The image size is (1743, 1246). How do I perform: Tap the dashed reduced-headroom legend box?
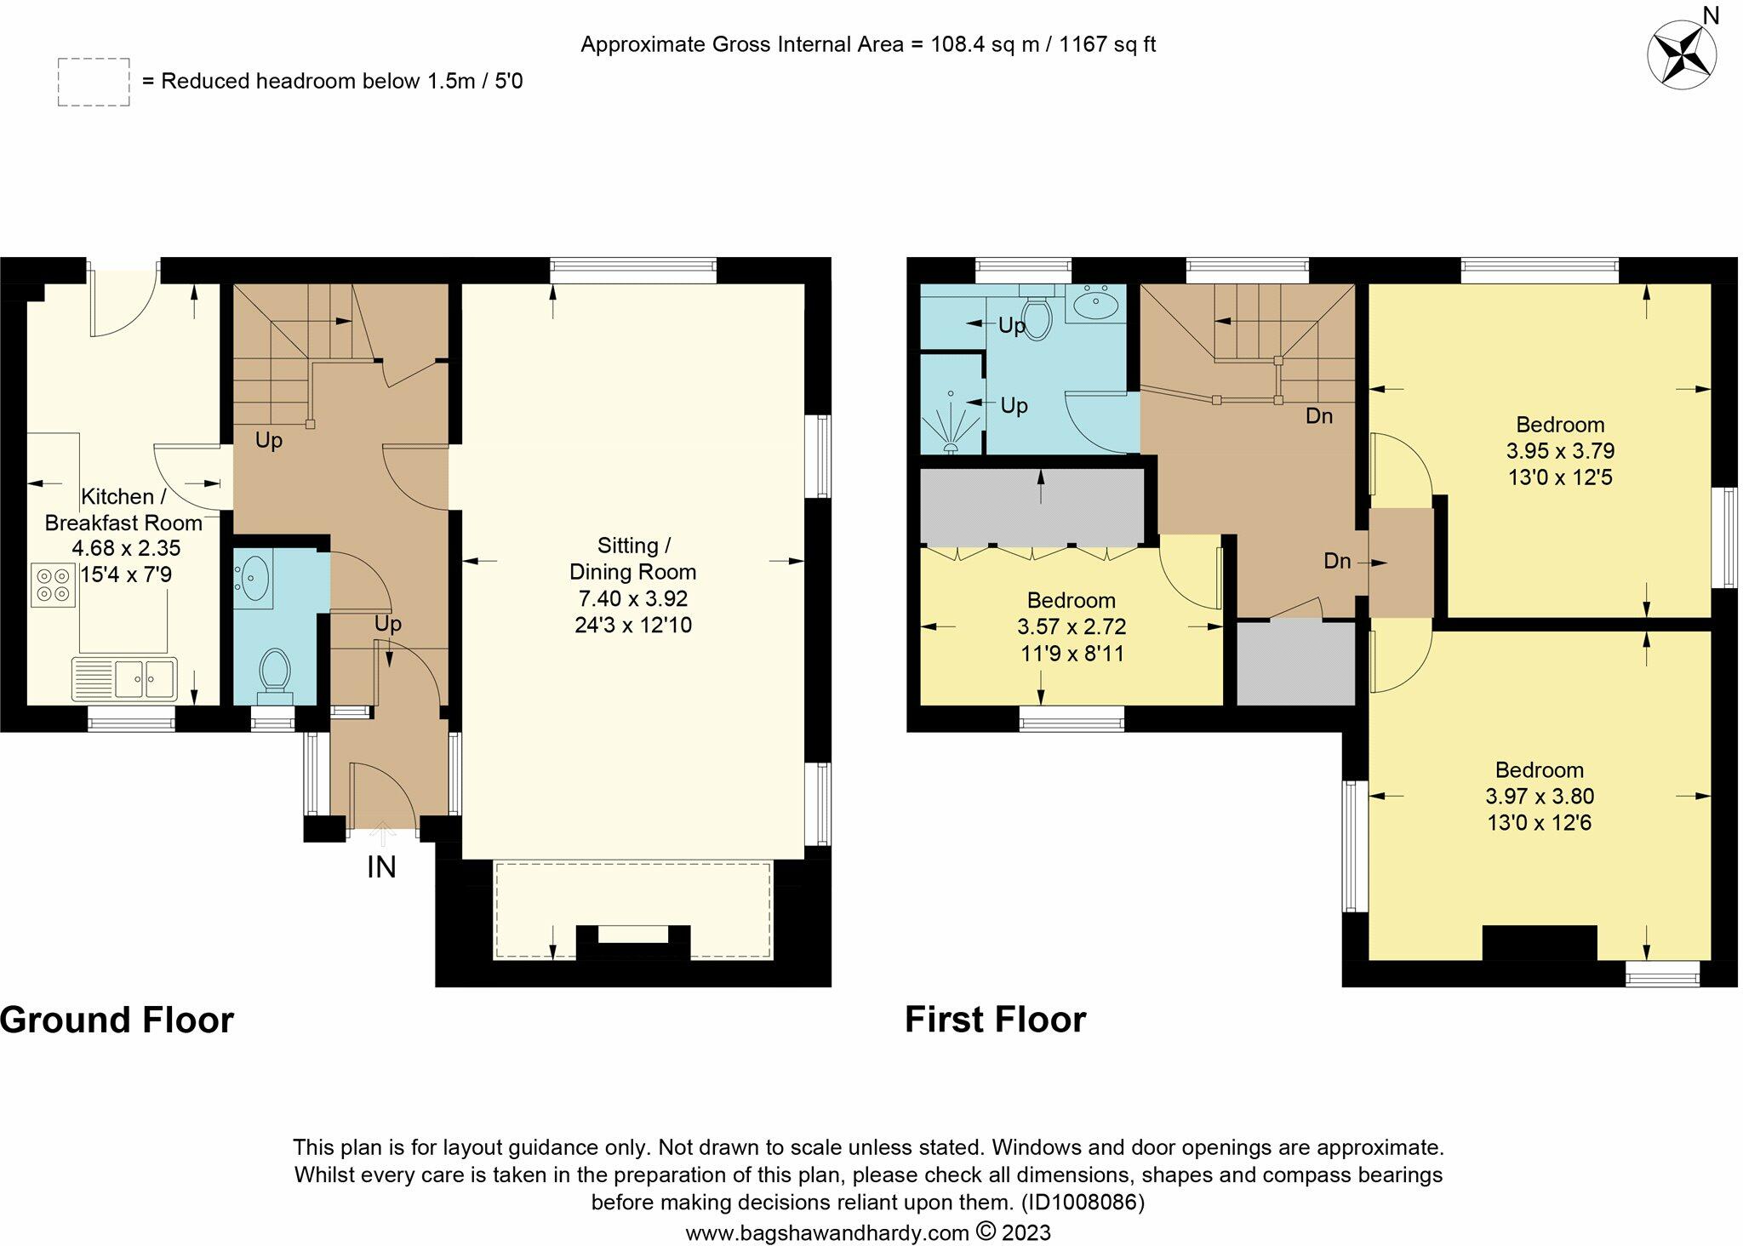pyautogui.click(x=94, y=83)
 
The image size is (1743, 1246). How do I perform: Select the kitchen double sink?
pyautogui.click(x=124, y=677)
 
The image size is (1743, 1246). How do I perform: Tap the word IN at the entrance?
pyautogui.click(x=381, y=867)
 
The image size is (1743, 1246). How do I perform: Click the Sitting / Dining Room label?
pyautogui.click(x=633, y=558)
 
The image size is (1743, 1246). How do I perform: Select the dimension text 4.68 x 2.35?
pyautogui.click(x=125, y=549)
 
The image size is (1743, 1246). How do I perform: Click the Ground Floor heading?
pyautogui.click(x=117, y=1020)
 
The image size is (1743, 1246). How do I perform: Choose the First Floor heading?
pyautogui.click(x=995, y=1020)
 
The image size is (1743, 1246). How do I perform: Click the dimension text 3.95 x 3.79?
pyautogui.click(x=1561, y=451)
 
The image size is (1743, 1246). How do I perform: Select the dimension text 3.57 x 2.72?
pyautogui.click(x=1072, y=627)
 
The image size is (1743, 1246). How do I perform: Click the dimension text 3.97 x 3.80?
pyautogui.click(x=1540, y=797)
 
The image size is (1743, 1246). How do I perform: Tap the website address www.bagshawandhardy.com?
pyautogui.click(x=827, y=1232)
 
